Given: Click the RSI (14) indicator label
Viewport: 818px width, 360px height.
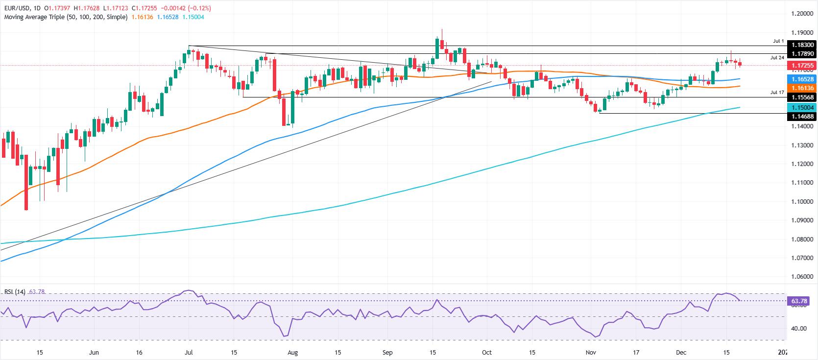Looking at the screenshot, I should (14, 292).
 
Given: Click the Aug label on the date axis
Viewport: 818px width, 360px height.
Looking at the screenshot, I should (292, 352).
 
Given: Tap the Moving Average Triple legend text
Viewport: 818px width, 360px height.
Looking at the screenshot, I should (66, 17).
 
